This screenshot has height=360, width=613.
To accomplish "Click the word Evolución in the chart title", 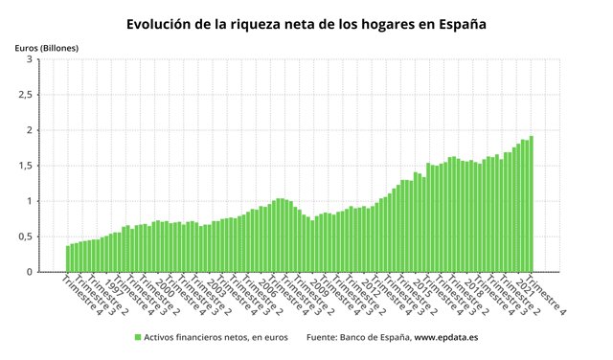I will coord(162,22).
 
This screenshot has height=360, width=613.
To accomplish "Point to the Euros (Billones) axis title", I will coord(47,47).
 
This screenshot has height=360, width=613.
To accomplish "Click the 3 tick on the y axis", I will coord(30,59).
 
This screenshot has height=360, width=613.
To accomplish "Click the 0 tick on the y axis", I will coord(30,272).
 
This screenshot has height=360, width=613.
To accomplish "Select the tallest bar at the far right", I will coord(531,205).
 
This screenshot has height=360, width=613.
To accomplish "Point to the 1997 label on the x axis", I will coord(113,288).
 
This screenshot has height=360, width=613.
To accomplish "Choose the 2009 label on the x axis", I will coord(318,288).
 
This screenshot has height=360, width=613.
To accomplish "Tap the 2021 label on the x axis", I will coord(525,288).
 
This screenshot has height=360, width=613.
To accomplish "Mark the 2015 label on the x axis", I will coord(421,288).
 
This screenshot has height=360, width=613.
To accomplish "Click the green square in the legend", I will coord(137,337).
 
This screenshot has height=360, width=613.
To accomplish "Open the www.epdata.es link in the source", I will coord(452,337).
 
